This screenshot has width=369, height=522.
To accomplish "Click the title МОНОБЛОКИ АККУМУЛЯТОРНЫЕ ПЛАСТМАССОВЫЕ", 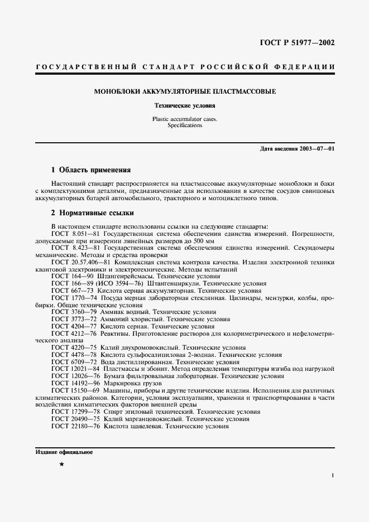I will tap(185, 91).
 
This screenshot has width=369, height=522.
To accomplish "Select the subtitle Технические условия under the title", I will tap(185, 105).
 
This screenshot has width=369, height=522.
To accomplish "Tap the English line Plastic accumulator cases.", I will tap(185, 119).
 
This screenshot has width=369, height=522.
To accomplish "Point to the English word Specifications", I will tap(185, 125).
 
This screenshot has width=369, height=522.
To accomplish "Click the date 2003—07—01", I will tap(314, 149).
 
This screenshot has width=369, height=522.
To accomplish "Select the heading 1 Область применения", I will tap(90, 170).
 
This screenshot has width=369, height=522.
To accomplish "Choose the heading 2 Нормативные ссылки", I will tap(92, 213).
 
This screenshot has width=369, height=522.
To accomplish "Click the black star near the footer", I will tap(61, 464).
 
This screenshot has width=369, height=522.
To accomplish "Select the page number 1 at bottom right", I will tap(332, 476).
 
